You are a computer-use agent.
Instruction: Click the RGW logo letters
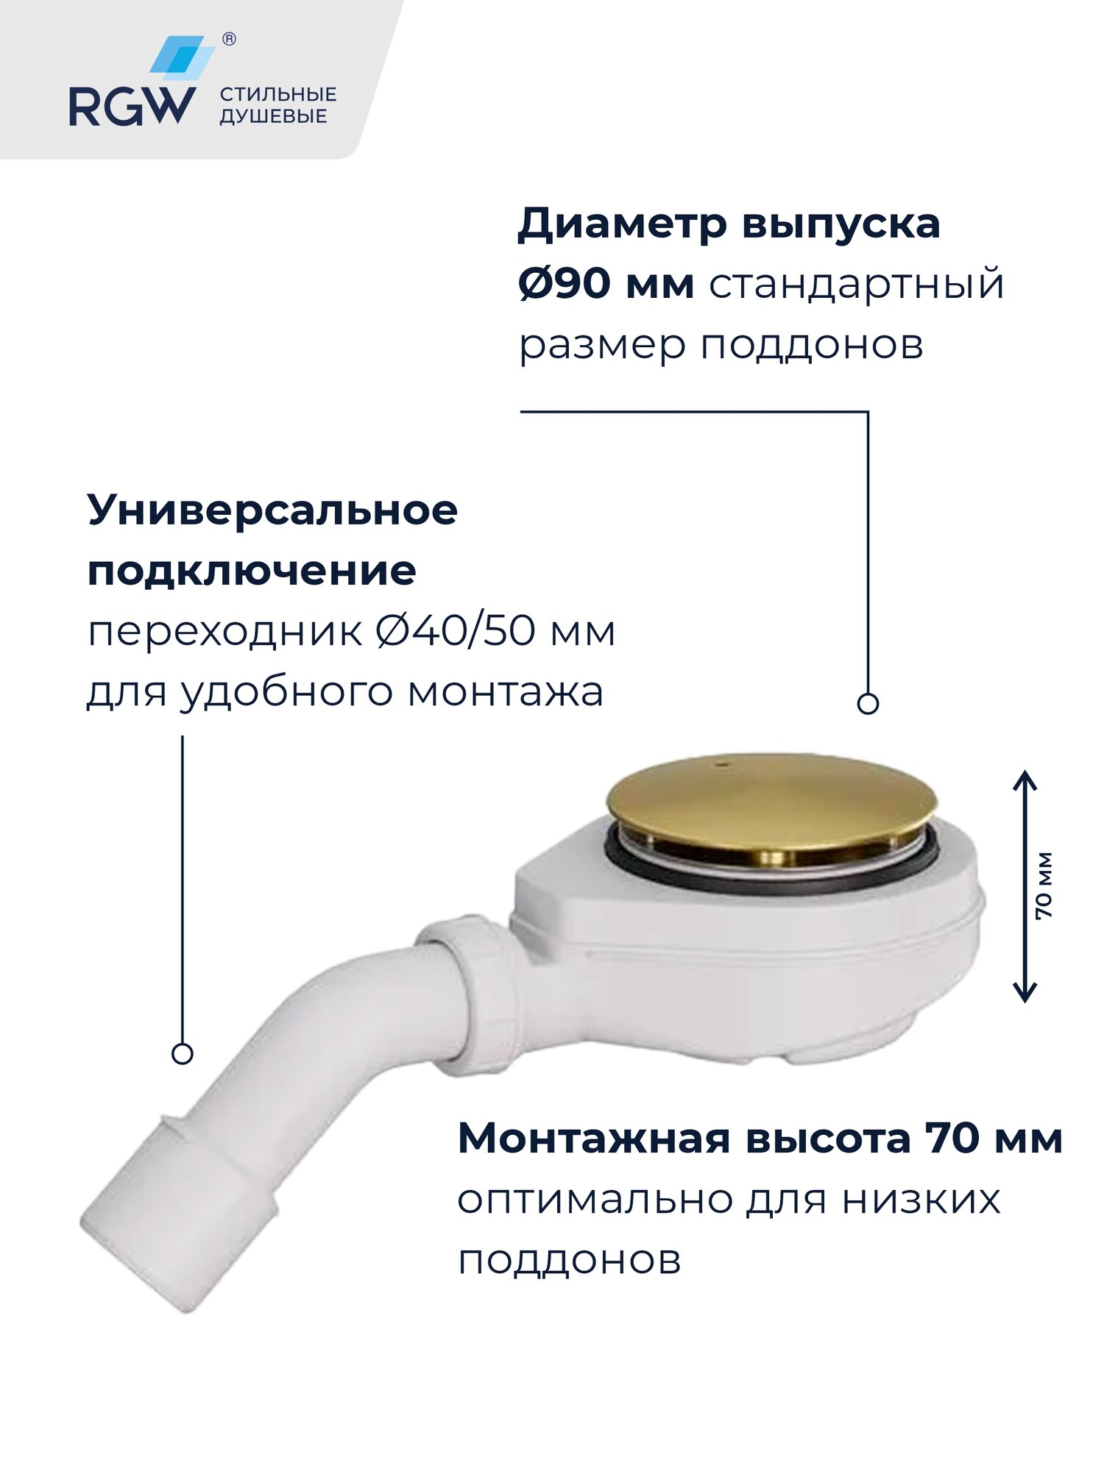click(x=132, y=107)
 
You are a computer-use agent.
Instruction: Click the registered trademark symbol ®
click(x=229, y=40)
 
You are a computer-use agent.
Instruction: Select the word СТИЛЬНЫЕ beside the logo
click(x=278, y=94)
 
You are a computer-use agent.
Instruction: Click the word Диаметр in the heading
click(x=622, y=224)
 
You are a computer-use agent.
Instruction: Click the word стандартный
click(x=856, y=284)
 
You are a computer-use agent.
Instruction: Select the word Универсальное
click(x=272, y=510)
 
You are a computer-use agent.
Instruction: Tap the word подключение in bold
click(x=252, y=571)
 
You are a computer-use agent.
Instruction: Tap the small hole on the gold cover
click(x=722, y=765)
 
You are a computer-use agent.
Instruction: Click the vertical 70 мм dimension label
click(x=1044, y=886)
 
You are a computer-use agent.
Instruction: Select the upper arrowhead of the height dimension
click(x=1025, y=780)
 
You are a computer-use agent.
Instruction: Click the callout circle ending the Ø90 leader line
click(x=868, y=704)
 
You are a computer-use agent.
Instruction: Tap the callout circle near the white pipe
click(x=182, y=1053)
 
